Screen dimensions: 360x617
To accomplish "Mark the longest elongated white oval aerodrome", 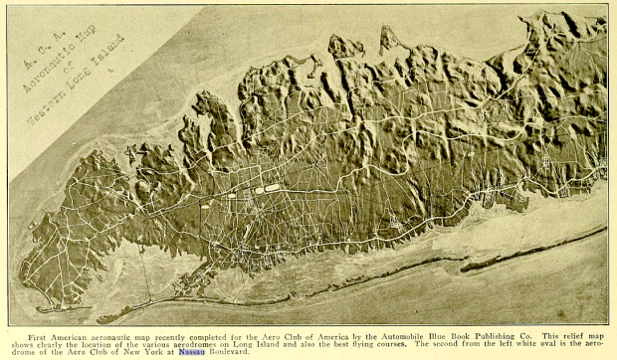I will point(271,187).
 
